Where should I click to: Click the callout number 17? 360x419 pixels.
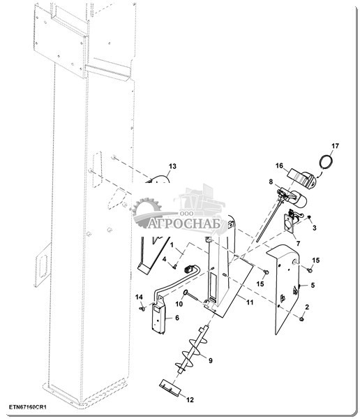pyautogui.click(x=335, y=146)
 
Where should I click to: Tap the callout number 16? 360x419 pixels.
pyautogui.click(x=279, y=166)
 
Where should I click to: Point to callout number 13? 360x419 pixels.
pyautogui.click(x=172, y=166)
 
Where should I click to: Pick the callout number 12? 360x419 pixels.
pyautogui.click(x=190, y=399)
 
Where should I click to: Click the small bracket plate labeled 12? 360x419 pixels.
pyautogui.click(x=170, y=387)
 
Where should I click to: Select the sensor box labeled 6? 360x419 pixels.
pyautogui.click(x=159, y=316)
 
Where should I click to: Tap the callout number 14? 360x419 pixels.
pyautogui.click(x=139, y=297)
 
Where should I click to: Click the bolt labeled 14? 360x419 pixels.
pyautogui.click(x=142, y=309)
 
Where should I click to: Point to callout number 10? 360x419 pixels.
pyautogui.click(x=179, y=304)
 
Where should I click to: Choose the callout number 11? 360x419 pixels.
pyautogui.click(x=250, y=302)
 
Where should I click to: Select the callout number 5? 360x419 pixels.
pyautogui.click(x=313, y=285)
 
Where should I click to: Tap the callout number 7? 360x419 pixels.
pyautogui.click(x=298, y=244)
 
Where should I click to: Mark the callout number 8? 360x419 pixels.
pyautogui.click(x=271, y=182)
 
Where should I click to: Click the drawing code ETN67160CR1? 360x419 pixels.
pyautogui.click(x=28, y=407)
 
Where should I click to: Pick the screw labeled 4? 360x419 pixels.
pyautogui.click(x=174, y=265)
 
